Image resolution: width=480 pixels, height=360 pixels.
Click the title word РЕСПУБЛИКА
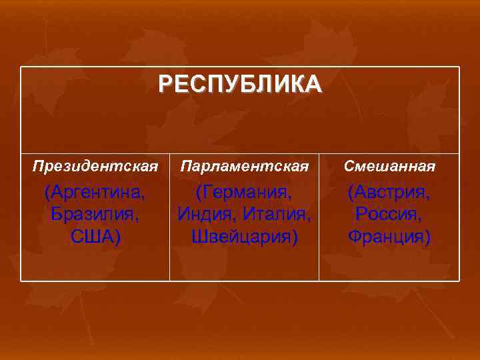240,85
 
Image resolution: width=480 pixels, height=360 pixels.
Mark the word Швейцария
241,236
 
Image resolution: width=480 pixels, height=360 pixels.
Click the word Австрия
393,193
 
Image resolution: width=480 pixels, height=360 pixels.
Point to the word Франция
387,236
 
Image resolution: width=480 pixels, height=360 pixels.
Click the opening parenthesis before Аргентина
47,194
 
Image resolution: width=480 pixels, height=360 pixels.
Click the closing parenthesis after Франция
427,237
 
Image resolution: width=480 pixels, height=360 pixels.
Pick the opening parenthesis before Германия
198,194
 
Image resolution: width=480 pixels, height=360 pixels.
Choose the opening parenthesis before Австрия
350,194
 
